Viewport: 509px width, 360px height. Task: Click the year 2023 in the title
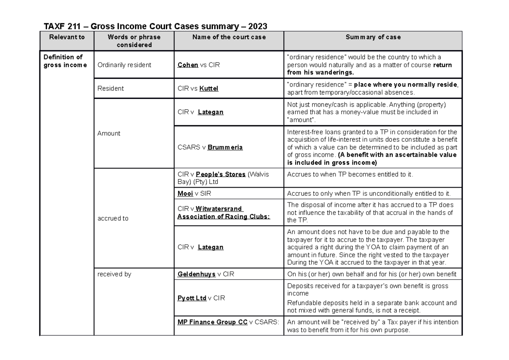(257, 26)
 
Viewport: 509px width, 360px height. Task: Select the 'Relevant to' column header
(67, 37)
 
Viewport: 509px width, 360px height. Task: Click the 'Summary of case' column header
(373, 37)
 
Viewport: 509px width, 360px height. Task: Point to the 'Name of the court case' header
(229, 37)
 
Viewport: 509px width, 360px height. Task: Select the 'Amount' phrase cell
(109, 133)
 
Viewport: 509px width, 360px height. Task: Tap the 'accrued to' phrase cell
(113, 218)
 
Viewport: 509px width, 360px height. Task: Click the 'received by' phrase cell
(114, 274)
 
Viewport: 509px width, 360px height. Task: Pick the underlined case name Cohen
(188, 65)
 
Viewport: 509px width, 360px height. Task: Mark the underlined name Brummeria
(225, 147)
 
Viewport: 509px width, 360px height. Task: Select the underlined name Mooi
(185, 194)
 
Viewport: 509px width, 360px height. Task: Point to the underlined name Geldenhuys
(197, 274)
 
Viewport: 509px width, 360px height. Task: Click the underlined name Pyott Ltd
(192, 298)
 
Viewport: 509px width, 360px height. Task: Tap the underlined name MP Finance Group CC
(213, 322)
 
